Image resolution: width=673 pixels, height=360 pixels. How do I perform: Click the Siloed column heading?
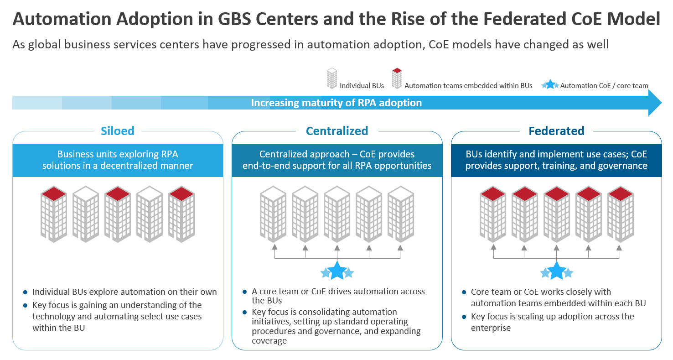tap(118, 131)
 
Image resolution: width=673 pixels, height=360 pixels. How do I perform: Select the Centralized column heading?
tap(337, 131)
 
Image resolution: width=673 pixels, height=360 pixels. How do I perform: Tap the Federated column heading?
tap(556, 131)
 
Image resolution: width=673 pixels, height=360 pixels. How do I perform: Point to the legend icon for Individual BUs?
tap(332, 78)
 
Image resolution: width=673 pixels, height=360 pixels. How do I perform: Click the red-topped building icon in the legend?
tap(397, 78)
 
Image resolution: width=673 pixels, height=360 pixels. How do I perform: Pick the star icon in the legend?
tap(550, 84)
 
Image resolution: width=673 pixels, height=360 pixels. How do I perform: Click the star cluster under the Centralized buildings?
tap(337, 271)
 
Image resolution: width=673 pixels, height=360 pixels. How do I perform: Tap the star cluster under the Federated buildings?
tap(556, 271)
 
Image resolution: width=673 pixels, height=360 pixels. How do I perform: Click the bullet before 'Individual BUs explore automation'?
tap(25, 292)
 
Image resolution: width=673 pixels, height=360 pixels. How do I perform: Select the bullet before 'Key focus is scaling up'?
tap(464, 317)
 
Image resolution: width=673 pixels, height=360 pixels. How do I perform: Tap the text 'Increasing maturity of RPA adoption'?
tap(336, 103)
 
